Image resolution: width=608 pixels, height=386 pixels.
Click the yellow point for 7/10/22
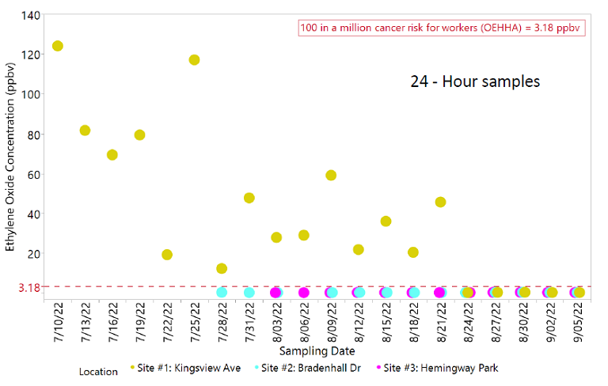point(57,46)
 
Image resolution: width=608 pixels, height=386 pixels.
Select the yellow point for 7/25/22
point(194,60)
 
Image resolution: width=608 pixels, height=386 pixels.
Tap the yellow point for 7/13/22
point(85,130)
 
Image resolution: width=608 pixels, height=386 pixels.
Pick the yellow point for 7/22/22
point(167,255)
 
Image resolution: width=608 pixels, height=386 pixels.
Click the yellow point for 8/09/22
point(331,175)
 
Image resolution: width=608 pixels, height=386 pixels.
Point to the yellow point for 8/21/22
point(440,202)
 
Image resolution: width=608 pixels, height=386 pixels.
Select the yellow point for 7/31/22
point(249,198)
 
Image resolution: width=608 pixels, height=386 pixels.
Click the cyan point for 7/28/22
point(222,292)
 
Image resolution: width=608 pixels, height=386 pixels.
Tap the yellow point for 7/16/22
point(112,155)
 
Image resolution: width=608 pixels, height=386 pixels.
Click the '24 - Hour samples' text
point(475,81)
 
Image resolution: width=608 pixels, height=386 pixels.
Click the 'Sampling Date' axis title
point(317,350)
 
